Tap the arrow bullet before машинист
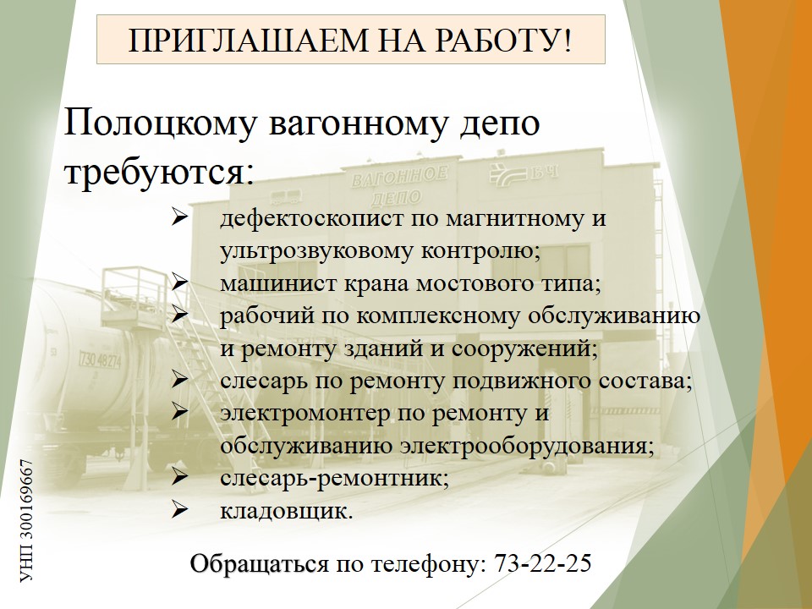pyautogui.click(x=179, y=283)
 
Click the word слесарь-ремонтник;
pyautogui.click(x=335, y=478)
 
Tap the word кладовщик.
pyautogui.click(x=287, y=512)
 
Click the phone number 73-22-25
pyautogui.click(x=543, y=563)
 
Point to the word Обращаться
pyautogui.click(x=260, y=564)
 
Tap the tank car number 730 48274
pyautogui.click(x=100, y=359)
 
